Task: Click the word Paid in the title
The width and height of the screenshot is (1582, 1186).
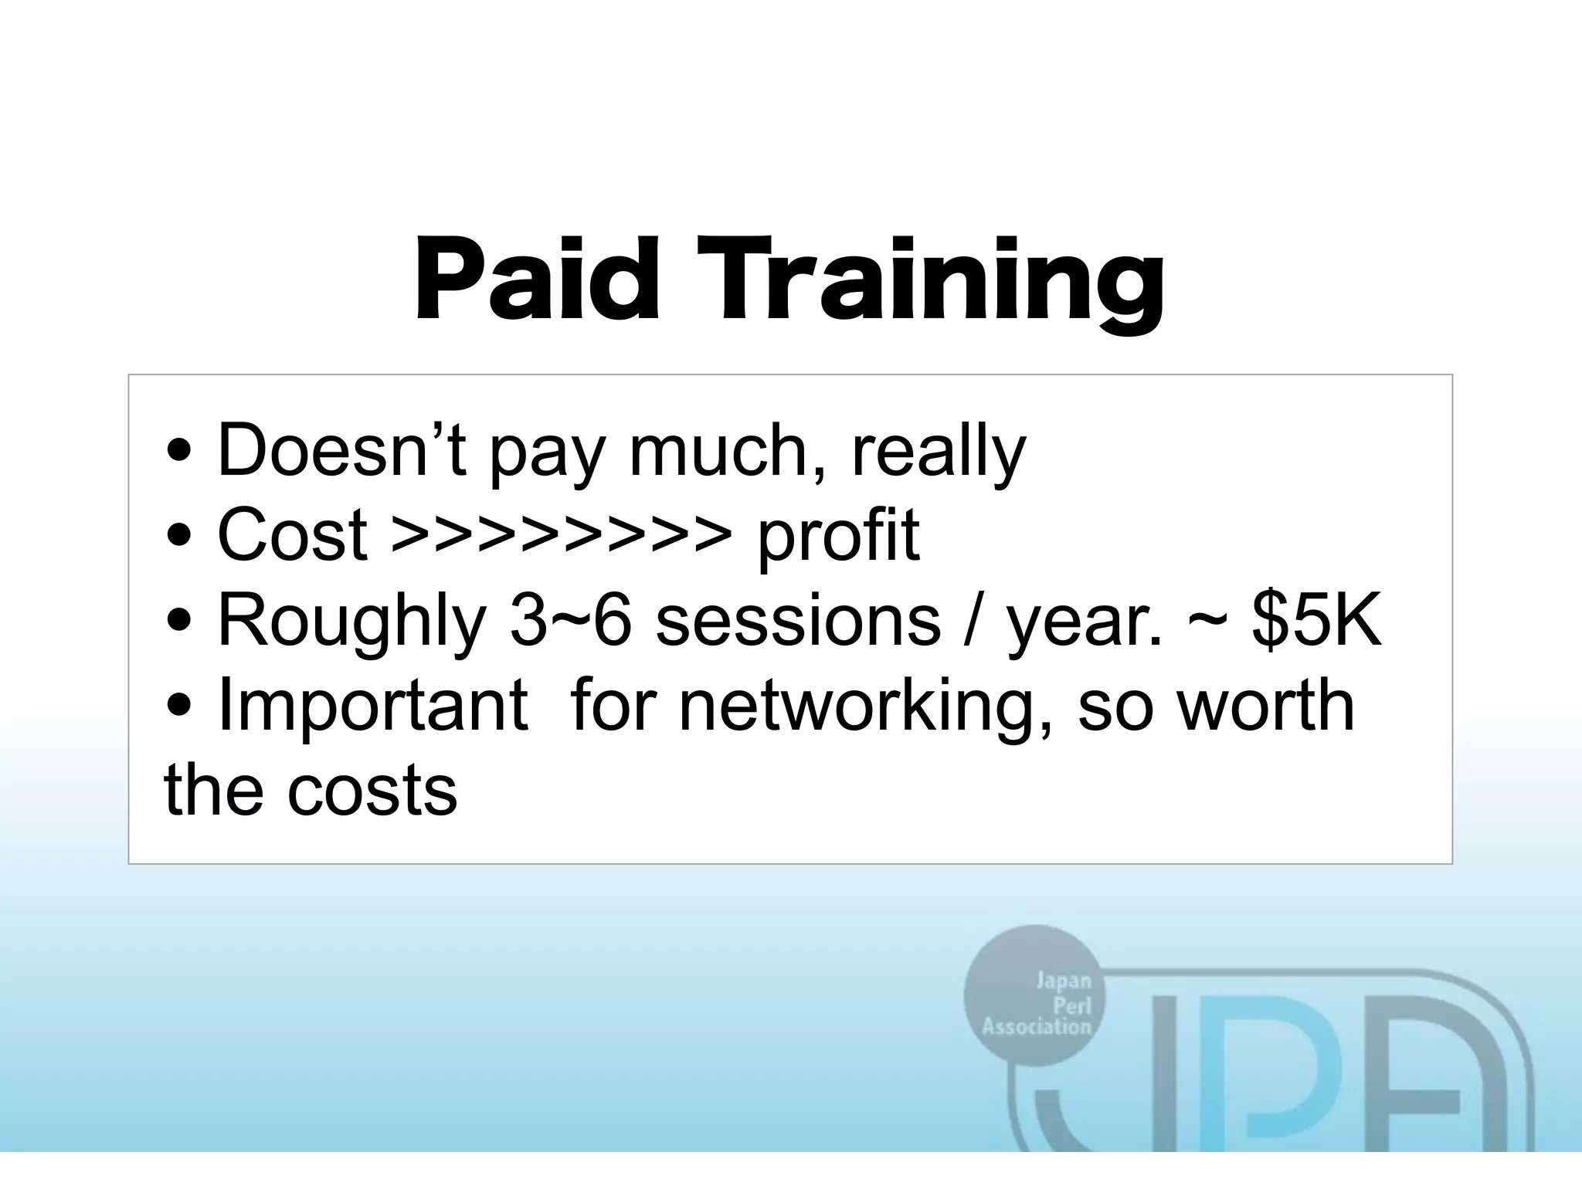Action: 538,280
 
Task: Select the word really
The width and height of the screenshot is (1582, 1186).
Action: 939,454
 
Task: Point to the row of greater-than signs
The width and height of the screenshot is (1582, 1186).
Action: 561,534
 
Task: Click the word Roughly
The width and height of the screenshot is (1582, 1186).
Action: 351,622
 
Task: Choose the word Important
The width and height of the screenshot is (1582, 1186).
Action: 372,707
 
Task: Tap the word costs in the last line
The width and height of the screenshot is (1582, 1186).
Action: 372,791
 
